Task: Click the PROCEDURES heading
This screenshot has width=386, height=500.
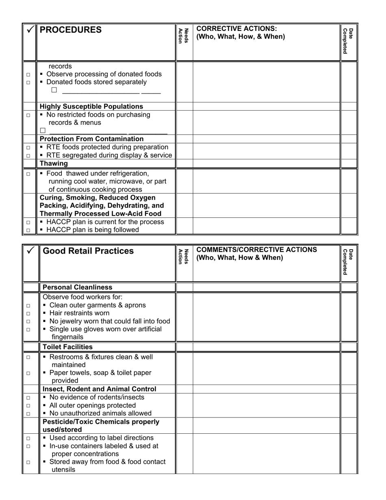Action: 71,30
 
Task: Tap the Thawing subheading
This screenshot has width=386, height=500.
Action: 54,163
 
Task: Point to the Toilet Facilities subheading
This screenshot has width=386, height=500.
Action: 67,347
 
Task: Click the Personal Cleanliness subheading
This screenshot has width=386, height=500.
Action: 77,287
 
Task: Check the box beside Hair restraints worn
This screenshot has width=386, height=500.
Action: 28,314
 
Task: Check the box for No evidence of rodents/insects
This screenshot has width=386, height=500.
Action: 28,398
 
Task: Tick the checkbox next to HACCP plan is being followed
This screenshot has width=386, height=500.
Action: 28,230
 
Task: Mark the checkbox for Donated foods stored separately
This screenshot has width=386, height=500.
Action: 28,83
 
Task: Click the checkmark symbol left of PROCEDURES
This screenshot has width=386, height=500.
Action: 30,30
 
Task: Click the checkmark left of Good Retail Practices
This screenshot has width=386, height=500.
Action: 30,251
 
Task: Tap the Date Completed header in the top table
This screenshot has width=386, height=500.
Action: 348,41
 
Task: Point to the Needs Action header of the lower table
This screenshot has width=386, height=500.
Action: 184,257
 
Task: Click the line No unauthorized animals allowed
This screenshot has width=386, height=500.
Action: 100,413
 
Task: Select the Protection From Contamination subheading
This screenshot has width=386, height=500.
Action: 91,139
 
